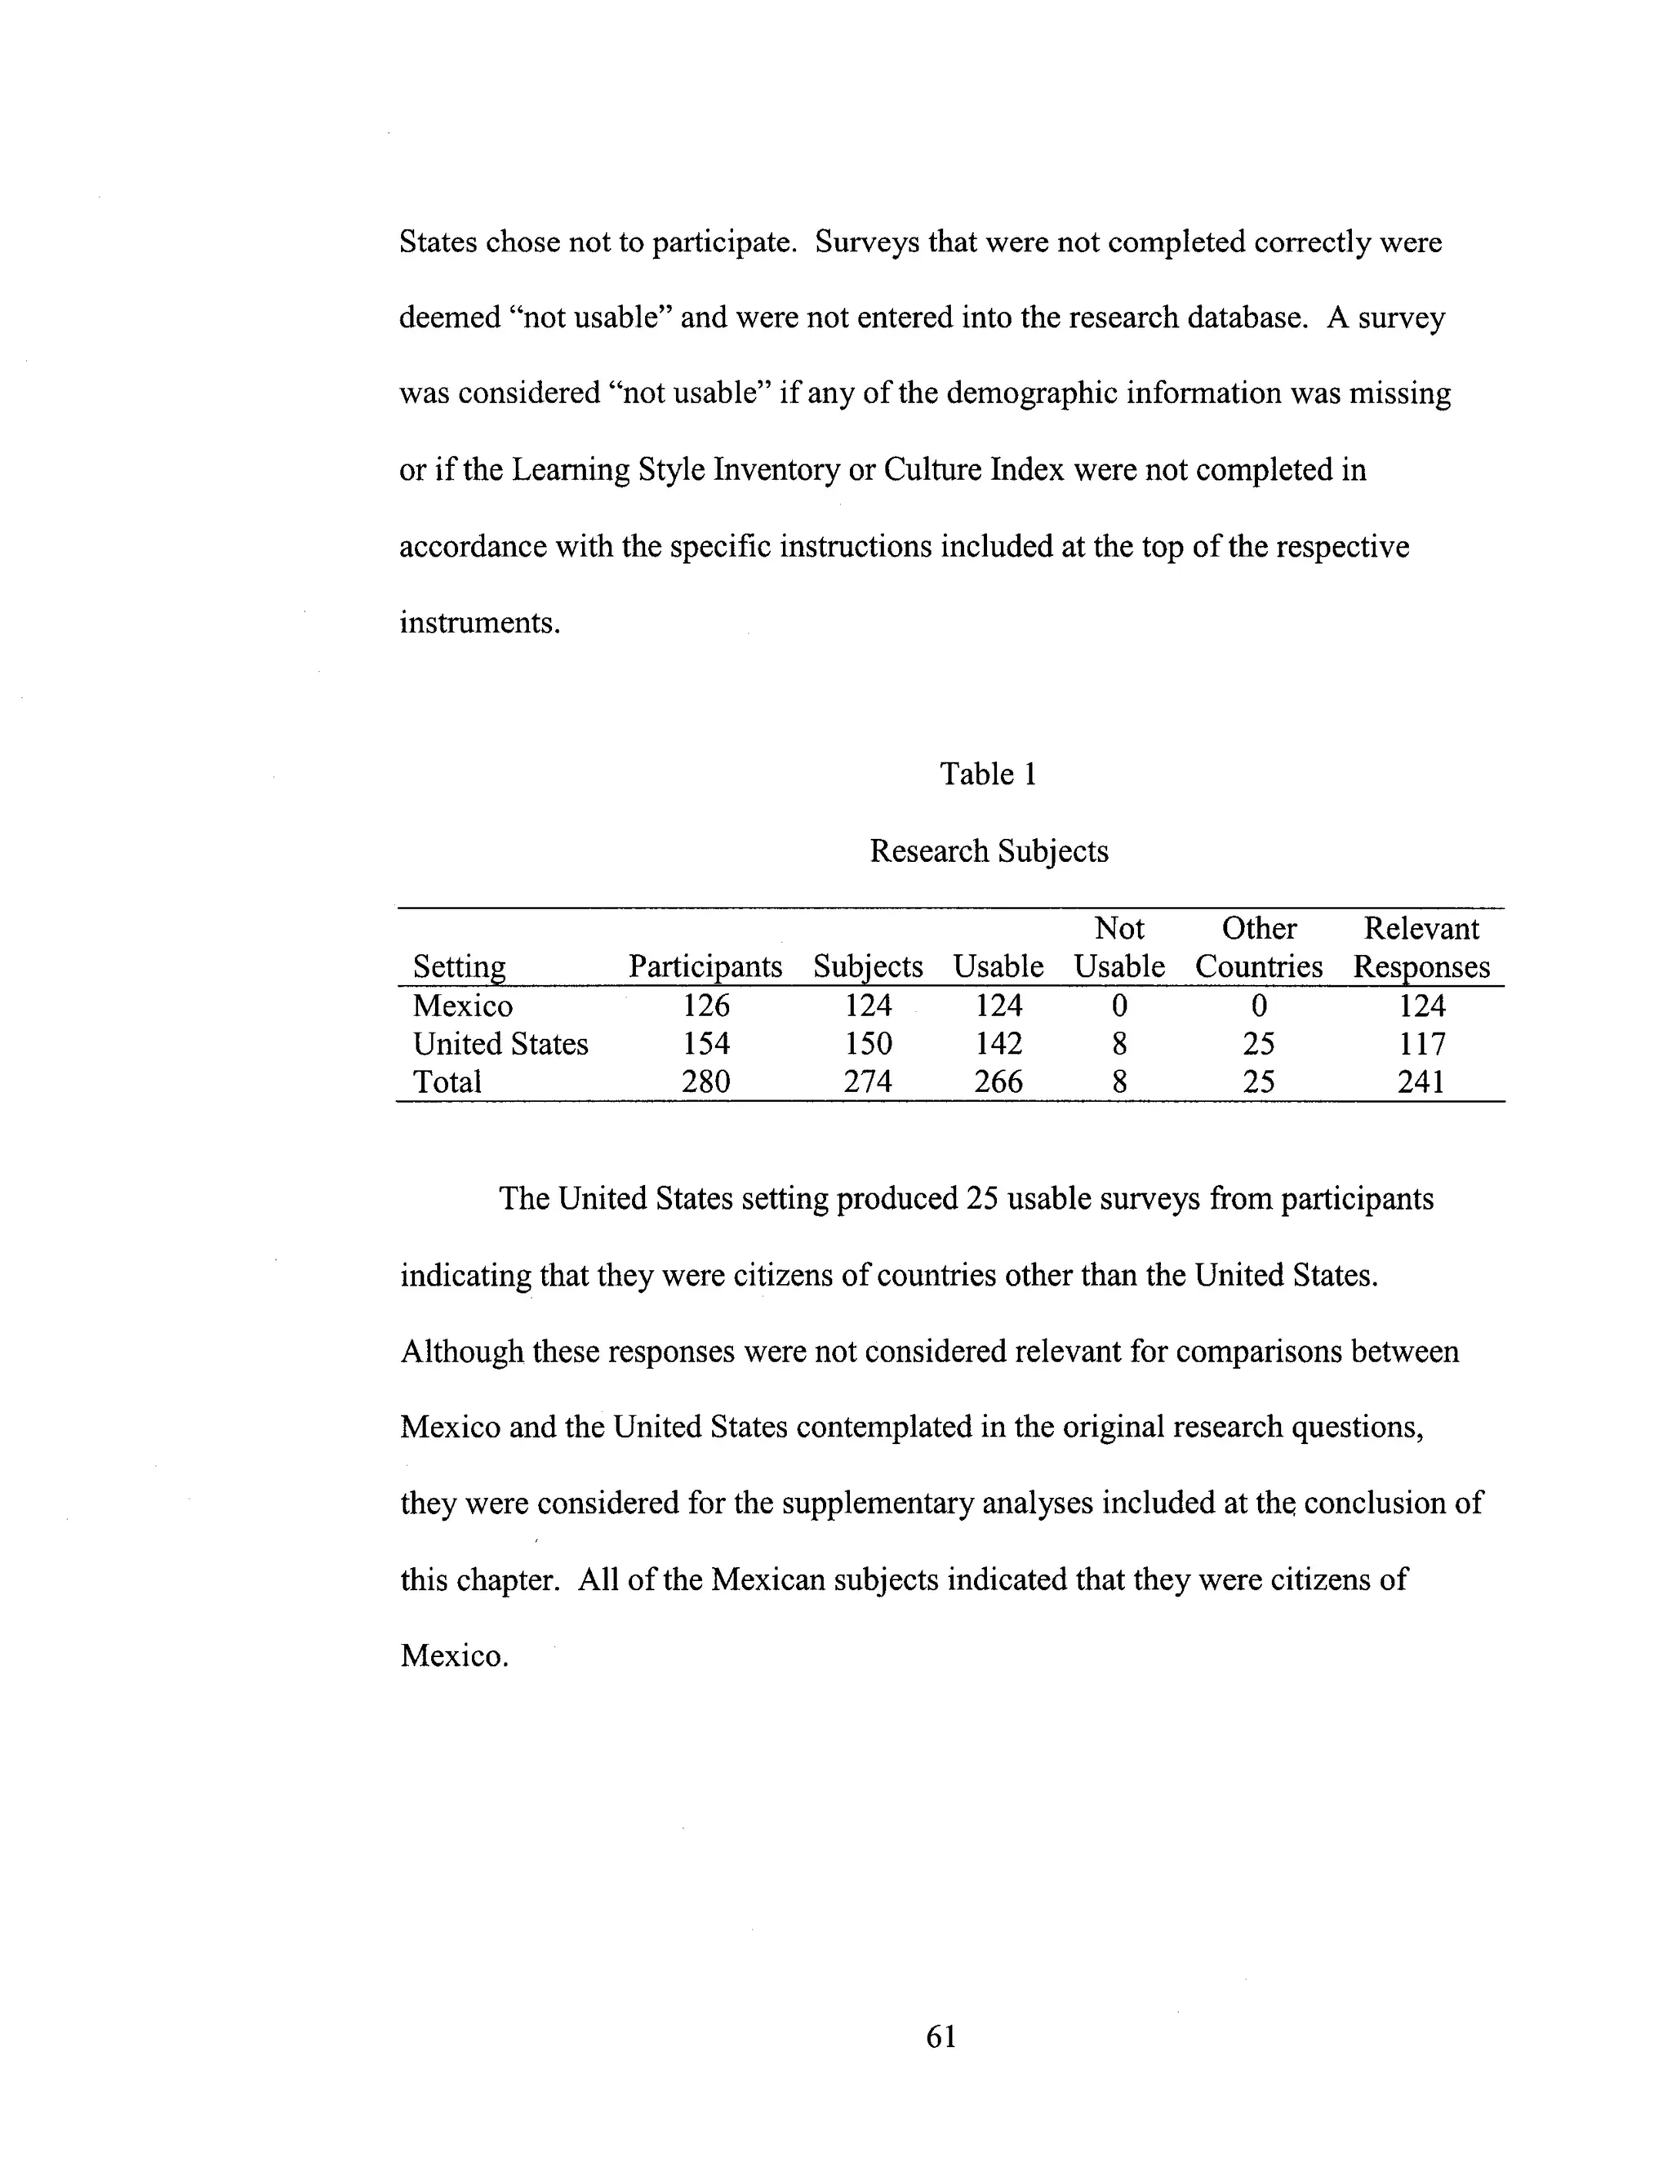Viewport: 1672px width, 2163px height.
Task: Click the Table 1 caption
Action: (x=988, y=774)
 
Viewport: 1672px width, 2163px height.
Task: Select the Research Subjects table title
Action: (x=988, y=851)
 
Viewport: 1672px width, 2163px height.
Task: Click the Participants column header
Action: (x=705, y=966)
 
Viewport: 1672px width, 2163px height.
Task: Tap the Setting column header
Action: (x=459, y=966)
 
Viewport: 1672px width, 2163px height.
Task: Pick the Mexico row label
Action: (x=463, y=1006)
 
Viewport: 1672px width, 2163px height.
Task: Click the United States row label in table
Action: (x=500, y=1044)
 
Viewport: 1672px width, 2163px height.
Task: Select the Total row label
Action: (x=447, y=1081)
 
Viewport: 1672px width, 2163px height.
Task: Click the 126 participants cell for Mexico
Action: (x=705, y=1006)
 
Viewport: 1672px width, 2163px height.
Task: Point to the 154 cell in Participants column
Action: (x=705, y=1044)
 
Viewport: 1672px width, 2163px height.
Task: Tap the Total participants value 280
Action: (x=705, y=1081)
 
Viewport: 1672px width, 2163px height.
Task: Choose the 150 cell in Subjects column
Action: (x=868, y=1044)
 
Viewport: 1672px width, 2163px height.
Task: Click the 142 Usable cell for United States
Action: (x=998, y=1044)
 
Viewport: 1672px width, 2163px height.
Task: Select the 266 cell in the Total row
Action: (x=998, y=1081)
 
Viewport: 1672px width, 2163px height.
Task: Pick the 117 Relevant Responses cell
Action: (x=1421, y=1044)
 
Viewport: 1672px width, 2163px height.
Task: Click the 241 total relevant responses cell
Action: (x=1421, y=1081)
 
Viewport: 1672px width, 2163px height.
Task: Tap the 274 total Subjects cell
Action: (x=868, y=1081)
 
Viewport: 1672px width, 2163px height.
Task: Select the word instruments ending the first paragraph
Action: (x=478, y=623)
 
